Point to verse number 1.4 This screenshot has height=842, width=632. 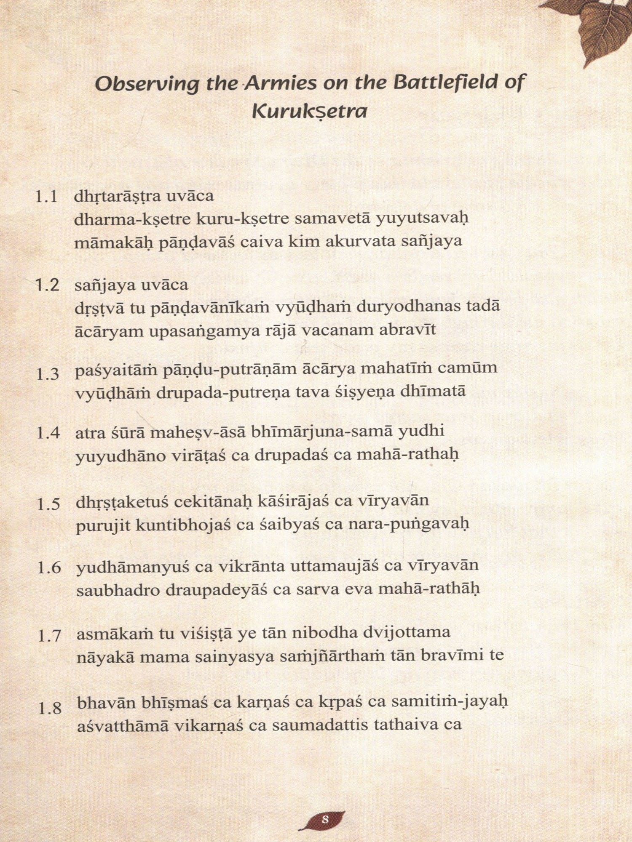[x=48, y=433]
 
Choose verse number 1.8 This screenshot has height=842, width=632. [x=50, y=708]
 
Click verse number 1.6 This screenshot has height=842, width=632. [x=49, y=568]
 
